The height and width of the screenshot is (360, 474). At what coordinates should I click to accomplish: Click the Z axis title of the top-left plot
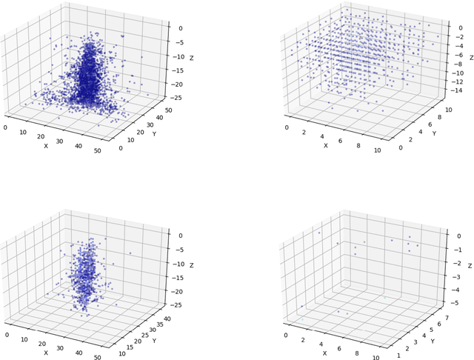tap(191, 59)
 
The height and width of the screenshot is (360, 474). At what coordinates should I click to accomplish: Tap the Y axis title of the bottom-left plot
tap(153, 341)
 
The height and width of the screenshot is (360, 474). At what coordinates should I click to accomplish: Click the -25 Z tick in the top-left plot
tap(176, 96)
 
